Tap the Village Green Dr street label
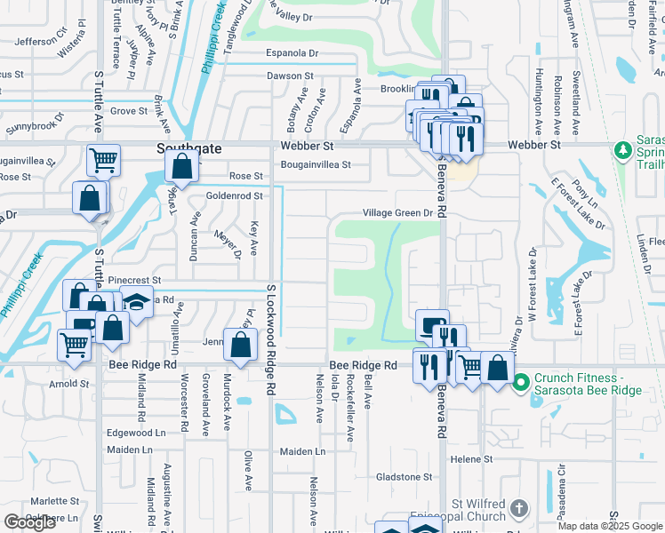click(x=397, y=213)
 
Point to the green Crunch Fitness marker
click(x=522, y=380)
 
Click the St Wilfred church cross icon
click(x=519, y=509)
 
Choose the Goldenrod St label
click(x=235, y=195)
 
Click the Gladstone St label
click(x=403, y=477)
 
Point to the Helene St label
click(x=471, y=459)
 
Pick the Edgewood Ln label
click(x=136, y=433)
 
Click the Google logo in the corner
click(x=29, y=522)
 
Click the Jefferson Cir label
click(x=41, y=42)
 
